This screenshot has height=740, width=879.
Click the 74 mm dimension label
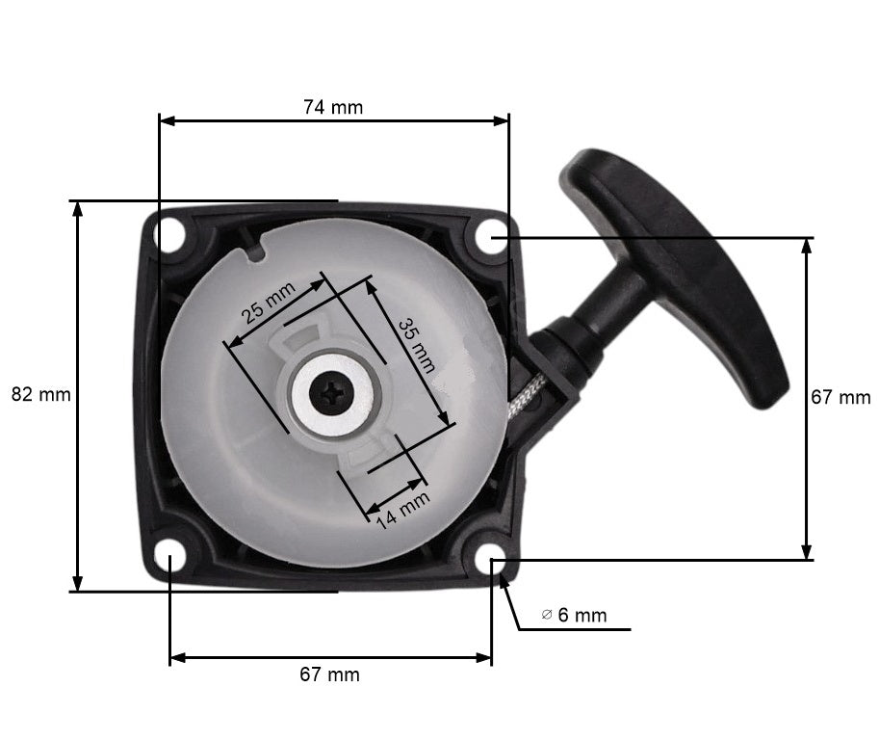[333, 107]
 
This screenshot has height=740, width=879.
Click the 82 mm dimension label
[40, 394]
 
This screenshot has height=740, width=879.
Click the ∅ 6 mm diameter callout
[575, 615]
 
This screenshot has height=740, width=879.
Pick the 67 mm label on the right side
[840, 397]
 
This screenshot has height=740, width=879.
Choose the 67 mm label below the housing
[329, 674]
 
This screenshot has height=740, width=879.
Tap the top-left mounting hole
[173, 233]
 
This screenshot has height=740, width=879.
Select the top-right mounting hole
[491, 238]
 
